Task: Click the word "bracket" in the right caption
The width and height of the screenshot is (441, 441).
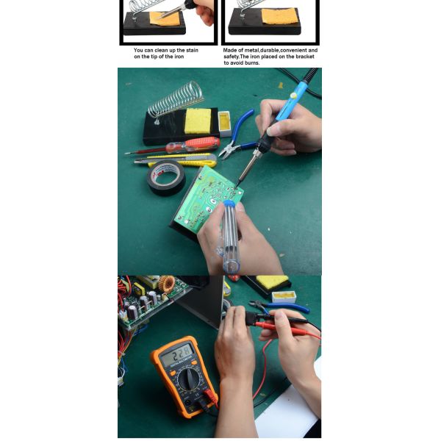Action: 304,57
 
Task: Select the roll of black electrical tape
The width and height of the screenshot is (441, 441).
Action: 166,178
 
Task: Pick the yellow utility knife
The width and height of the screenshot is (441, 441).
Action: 176,159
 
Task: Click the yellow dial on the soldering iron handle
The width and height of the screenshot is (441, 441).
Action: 293,95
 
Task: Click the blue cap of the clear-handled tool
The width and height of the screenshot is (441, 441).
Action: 230,204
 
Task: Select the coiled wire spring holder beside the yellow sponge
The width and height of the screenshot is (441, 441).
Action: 175,100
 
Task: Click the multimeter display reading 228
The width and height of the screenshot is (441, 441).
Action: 176,354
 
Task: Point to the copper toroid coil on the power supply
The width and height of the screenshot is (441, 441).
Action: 167,284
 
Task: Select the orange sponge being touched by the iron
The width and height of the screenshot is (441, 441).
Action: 165,18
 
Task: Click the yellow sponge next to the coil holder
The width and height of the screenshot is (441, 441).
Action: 198,121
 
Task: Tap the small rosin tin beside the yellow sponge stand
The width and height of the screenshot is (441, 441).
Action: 224,123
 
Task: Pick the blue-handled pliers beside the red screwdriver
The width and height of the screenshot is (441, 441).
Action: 236,135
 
